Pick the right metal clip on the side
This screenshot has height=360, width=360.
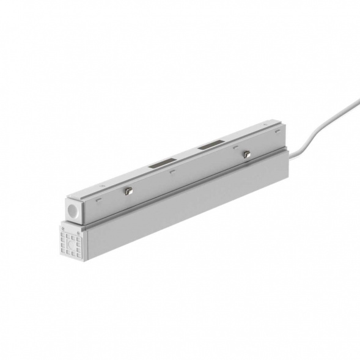tap(246, 154)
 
